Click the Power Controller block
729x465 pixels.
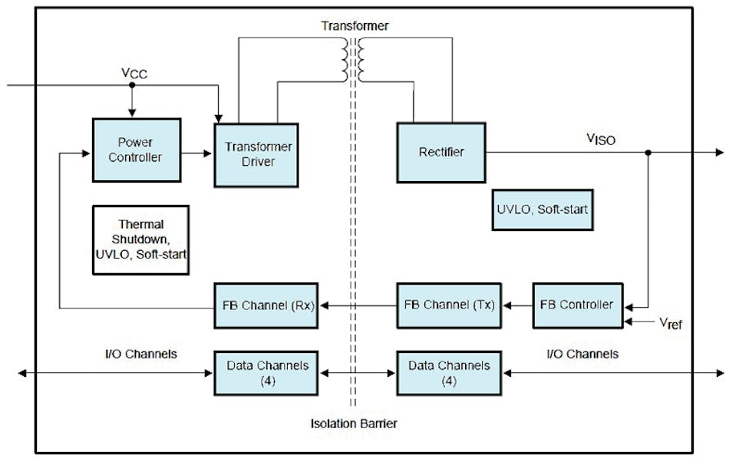137,150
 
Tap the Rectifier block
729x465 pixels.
440,152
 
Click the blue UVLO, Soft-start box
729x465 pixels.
543,208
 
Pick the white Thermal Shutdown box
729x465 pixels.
140,239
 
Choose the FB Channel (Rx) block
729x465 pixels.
266,304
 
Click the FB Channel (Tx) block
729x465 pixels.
449,304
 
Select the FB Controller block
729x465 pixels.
577,305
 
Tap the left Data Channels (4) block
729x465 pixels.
266,373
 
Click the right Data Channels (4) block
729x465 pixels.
449,373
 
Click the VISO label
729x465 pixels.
601,139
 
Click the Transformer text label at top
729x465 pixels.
355,26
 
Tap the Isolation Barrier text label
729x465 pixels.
354,423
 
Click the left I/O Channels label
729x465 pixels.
141,354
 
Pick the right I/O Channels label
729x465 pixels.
582,354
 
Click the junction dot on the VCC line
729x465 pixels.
131,85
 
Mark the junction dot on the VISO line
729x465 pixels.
648,152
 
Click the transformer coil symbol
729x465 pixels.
355,61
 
